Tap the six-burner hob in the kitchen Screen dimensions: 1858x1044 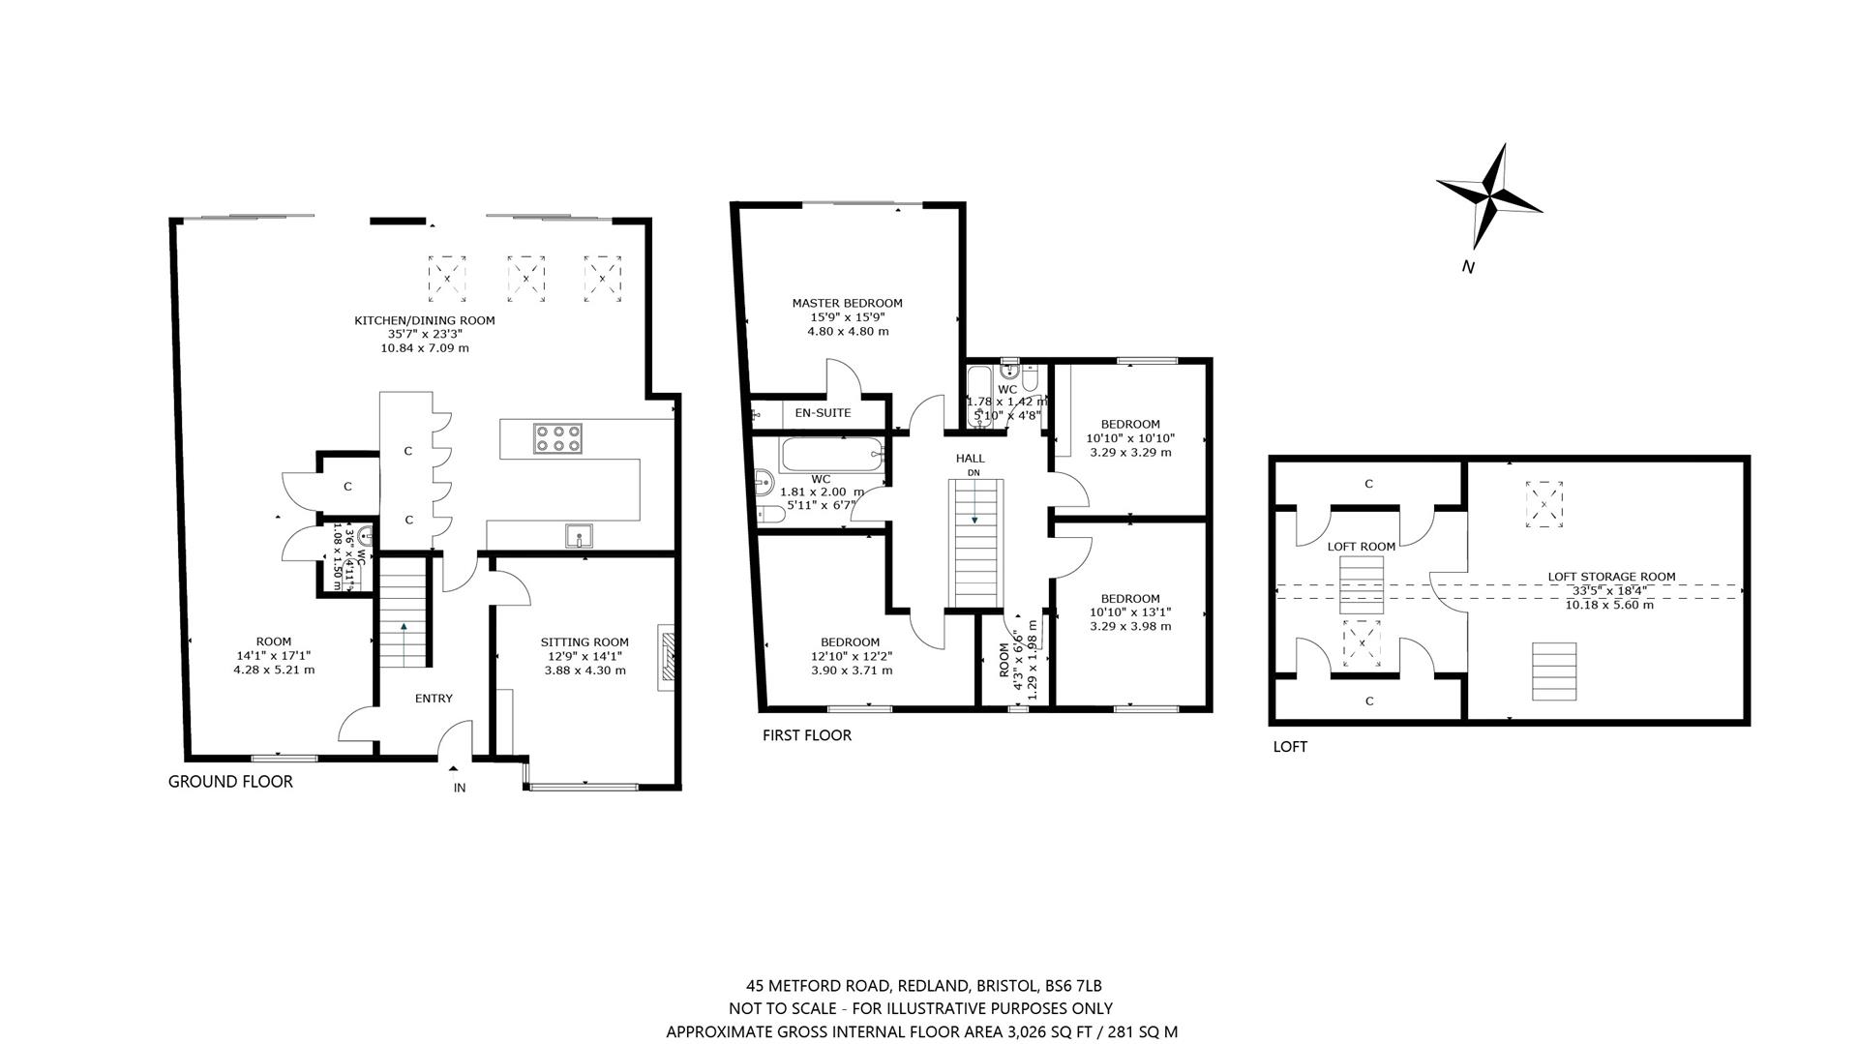[556, 438]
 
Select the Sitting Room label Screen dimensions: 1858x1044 [584, 641]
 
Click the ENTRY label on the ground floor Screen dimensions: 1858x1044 [434, 699]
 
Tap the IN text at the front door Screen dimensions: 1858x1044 [460, 788]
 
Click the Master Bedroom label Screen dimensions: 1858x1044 [847, 303]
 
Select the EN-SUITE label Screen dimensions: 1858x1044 [823, 413]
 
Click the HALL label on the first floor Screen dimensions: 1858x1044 [970, 459]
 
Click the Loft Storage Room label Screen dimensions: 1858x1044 [1611, 577]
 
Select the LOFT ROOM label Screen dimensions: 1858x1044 [1362, 547]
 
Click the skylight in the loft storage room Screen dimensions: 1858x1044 [1543, 505]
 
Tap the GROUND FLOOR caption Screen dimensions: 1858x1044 [230, 782]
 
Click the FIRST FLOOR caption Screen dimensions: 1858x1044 [807, 735]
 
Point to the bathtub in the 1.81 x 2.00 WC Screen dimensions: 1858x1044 [832, 455]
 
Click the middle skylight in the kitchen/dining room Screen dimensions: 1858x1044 [525, 279]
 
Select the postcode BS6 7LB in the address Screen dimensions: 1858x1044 [1073, 987]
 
